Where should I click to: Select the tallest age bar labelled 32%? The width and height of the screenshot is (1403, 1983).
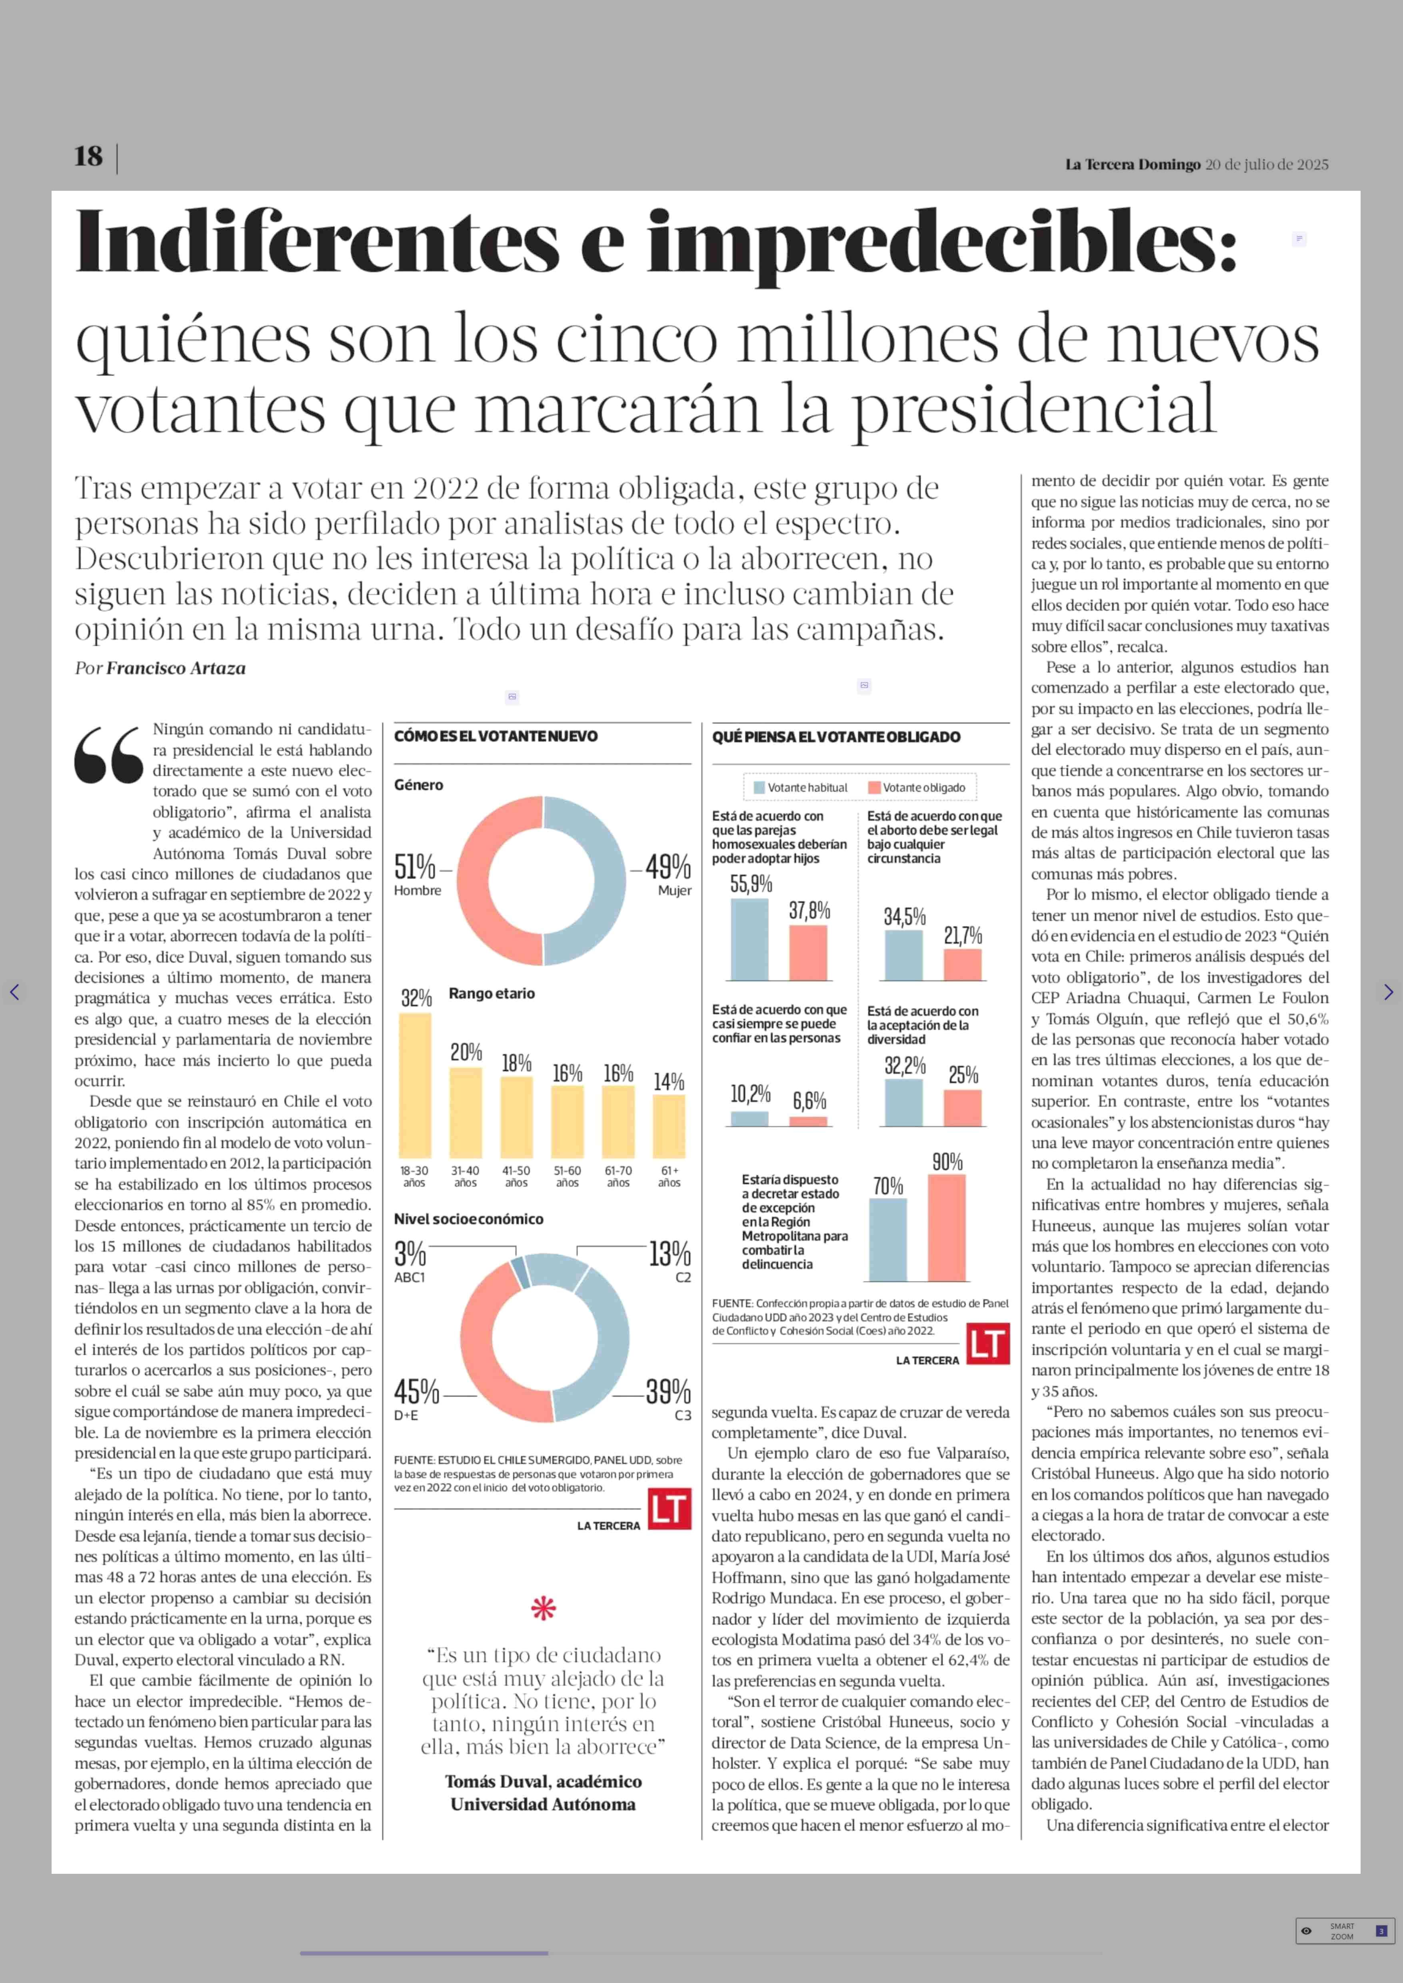[415, 1085]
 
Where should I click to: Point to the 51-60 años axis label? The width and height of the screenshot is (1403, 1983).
[568, 1176]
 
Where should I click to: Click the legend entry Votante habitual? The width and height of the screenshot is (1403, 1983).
[801, 787]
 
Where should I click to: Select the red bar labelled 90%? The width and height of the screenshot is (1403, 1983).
[947, 1227]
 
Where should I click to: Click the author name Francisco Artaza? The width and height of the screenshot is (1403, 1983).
[176, 668]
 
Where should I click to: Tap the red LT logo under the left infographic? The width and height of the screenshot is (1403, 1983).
[670, 1509]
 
